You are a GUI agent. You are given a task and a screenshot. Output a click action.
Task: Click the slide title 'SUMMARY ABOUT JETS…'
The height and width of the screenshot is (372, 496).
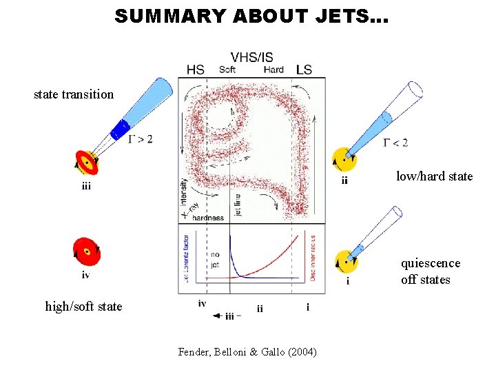tap(251, 16)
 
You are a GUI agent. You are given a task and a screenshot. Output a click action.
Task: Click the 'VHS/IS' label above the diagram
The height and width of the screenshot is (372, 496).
tap(251, 57)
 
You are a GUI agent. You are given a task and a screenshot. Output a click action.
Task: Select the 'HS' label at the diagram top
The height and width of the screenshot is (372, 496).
tap(196, 70)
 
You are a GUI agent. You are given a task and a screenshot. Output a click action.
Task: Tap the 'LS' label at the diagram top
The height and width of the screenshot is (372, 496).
tap(304, 70)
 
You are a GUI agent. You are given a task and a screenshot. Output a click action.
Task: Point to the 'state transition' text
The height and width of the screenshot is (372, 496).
tap(74, 94)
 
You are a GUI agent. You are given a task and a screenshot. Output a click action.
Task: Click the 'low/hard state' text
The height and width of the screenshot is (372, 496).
tap(434, 176)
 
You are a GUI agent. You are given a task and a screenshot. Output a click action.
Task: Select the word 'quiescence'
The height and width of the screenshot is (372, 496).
tap(431, 263)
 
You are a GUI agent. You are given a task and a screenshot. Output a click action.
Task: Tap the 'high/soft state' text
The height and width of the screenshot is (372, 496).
tap(83, 306)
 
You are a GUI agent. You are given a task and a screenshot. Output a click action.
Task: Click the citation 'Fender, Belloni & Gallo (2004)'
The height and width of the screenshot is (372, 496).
tap(247, 352)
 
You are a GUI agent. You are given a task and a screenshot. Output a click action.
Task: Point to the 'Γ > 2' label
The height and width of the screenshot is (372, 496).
tap(141, 138)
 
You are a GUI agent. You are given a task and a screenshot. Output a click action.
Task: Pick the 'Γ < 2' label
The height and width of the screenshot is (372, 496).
tap(395, 143)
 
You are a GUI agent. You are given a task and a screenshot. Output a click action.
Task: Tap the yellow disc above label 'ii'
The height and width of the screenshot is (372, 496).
tap(344, 159)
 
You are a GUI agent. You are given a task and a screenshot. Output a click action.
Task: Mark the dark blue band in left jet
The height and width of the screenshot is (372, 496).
tap(121, 128)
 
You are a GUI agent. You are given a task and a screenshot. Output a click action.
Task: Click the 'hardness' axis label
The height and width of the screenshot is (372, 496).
tap(208, 218)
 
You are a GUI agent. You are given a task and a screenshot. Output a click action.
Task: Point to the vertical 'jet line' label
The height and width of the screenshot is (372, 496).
tap(238, 204)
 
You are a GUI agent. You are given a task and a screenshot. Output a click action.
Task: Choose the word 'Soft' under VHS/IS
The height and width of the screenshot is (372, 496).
tap(227, 70)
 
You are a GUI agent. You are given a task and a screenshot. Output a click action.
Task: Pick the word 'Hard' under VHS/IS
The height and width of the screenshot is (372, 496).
tap(273, 70)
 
